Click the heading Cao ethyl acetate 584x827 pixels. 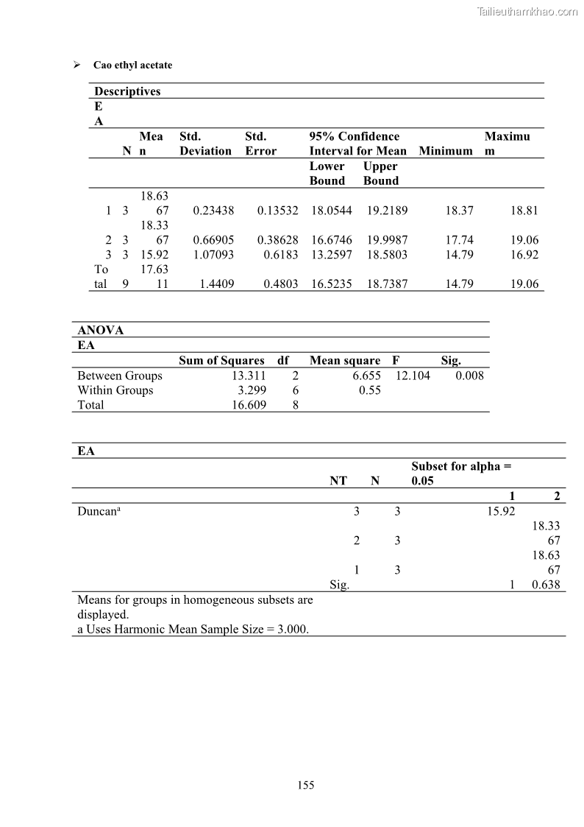pos(132,65)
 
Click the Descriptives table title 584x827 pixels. pos(127,91)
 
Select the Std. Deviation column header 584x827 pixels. pos(205,144)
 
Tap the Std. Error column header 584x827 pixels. pos(260,144)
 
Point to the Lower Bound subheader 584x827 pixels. pos(327,173)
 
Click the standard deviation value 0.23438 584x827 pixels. pos(213,211)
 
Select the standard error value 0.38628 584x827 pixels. pos(278,240)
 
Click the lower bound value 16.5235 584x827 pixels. pos(331,284)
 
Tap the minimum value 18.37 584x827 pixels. pos(459,211)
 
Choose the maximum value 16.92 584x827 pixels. pos(524,255)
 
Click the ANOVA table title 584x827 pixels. pos(101,331)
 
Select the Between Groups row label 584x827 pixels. pos(120,376)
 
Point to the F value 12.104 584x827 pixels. pos(413,376)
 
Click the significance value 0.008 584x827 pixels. pos(469,376)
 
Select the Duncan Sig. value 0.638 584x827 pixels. pos(546,585)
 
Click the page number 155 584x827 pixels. pos(306,785)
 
